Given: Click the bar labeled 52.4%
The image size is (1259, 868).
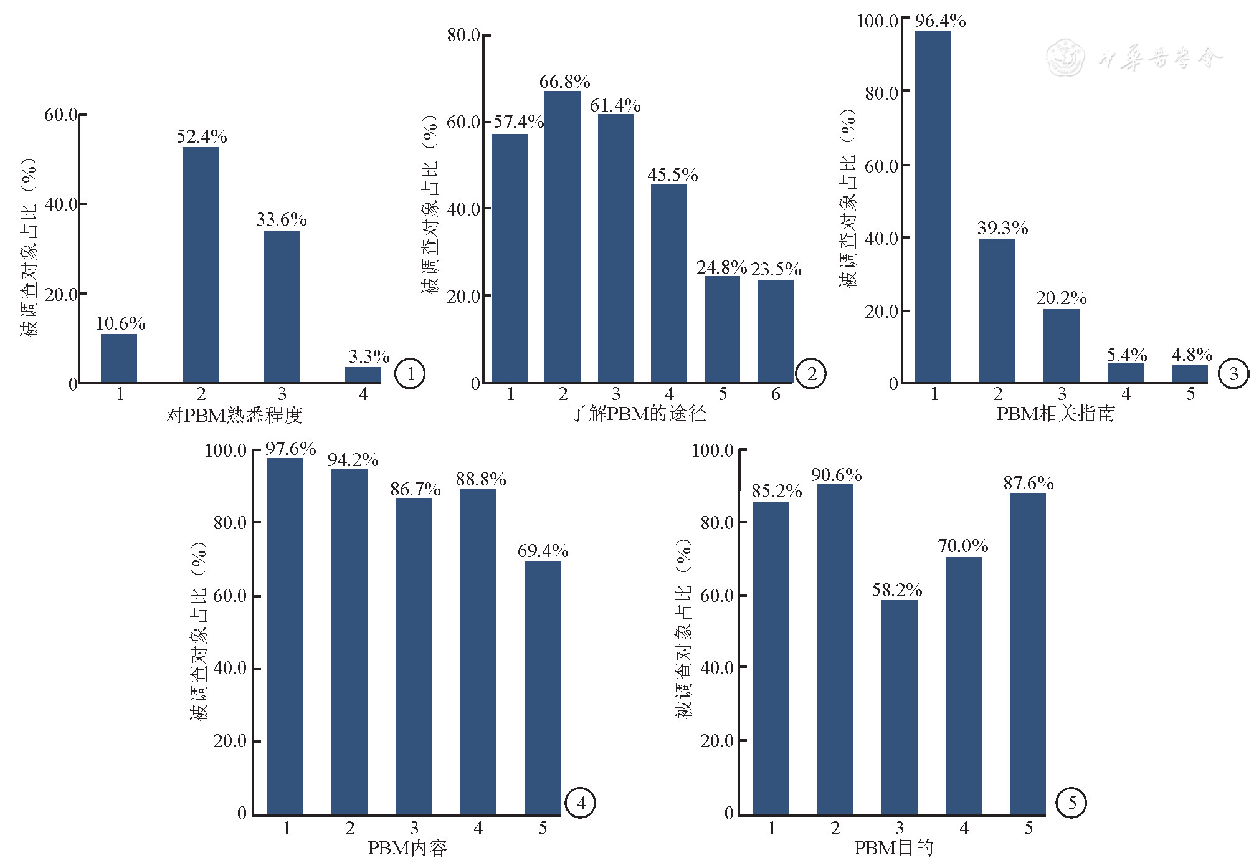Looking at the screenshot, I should [200, 264].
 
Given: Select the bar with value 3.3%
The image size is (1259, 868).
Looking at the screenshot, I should [363, 374].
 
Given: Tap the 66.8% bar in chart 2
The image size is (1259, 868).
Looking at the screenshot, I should [562, 236].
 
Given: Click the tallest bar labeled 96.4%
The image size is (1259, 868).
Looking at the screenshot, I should [933, 206].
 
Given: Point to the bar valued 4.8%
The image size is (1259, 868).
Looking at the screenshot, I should [1190, 373].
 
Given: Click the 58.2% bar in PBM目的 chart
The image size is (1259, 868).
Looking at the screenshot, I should [899, 707].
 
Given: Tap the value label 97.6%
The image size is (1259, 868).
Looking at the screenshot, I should [290, 449].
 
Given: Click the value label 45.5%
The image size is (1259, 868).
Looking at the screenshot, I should [672, 175].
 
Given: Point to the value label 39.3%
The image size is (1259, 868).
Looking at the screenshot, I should [1002, 228].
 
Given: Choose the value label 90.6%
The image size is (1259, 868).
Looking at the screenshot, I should [836, 475].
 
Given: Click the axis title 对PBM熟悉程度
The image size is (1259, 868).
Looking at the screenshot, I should [234, 415].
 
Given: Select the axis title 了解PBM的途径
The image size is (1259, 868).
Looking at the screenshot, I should [639, 413].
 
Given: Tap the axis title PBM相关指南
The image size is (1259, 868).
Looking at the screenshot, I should [1055, 413].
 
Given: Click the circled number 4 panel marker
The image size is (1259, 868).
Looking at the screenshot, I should [580, 803].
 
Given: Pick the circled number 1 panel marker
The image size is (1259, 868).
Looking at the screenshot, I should [410, 374].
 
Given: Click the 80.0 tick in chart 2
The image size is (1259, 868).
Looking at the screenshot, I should [463, 35].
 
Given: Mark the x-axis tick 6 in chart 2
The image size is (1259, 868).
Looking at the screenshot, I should [776, 394].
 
